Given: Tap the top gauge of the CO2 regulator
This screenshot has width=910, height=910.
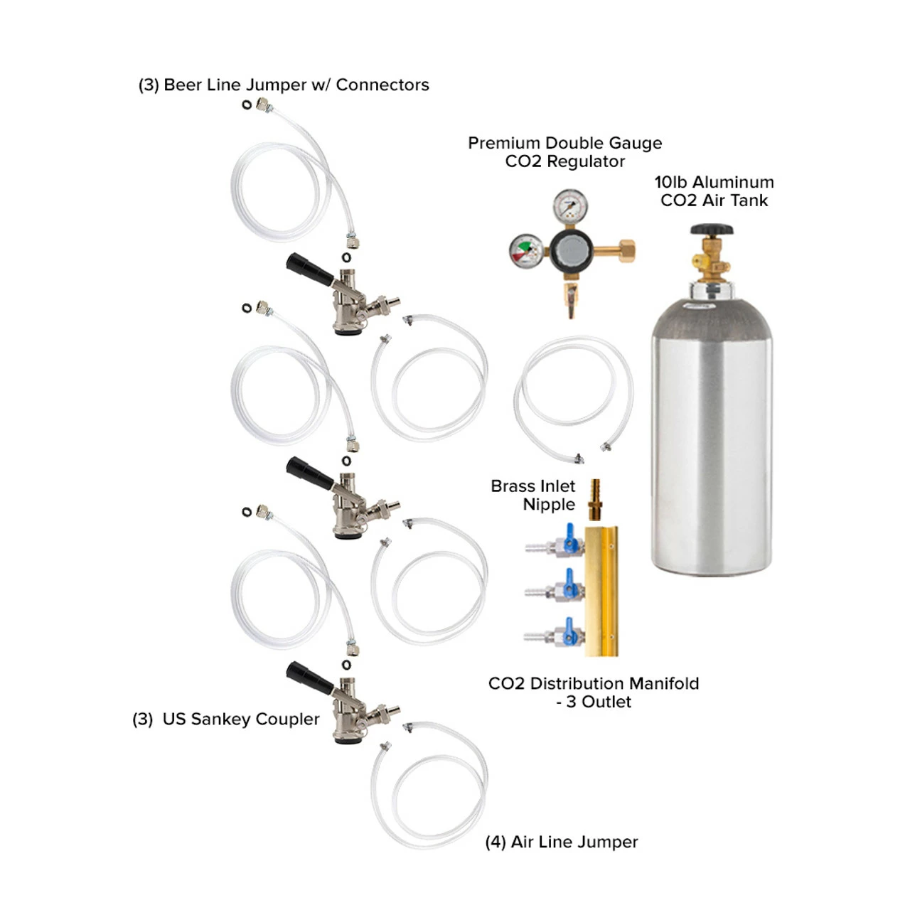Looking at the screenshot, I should click(569, 207).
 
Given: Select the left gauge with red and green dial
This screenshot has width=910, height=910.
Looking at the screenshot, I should click(526, 250).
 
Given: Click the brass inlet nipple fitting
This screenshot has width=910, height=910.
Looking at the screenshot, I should click(594, 500).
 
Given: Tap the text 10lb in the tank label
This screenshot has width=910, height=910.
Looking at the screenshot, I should click(670, 182).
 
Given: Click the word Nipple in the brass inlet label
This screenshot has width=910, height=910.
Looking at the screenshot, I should click(548, 505).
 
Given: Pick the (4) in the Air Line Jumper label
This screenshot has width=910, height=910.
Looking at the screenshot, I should click(496, 842).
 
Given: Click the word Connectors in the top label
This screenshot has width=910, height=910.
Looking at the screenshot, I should click(382, 85).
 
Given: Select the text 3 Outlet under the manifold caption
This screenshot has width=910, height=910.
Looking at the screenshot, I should click(599, 702).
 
